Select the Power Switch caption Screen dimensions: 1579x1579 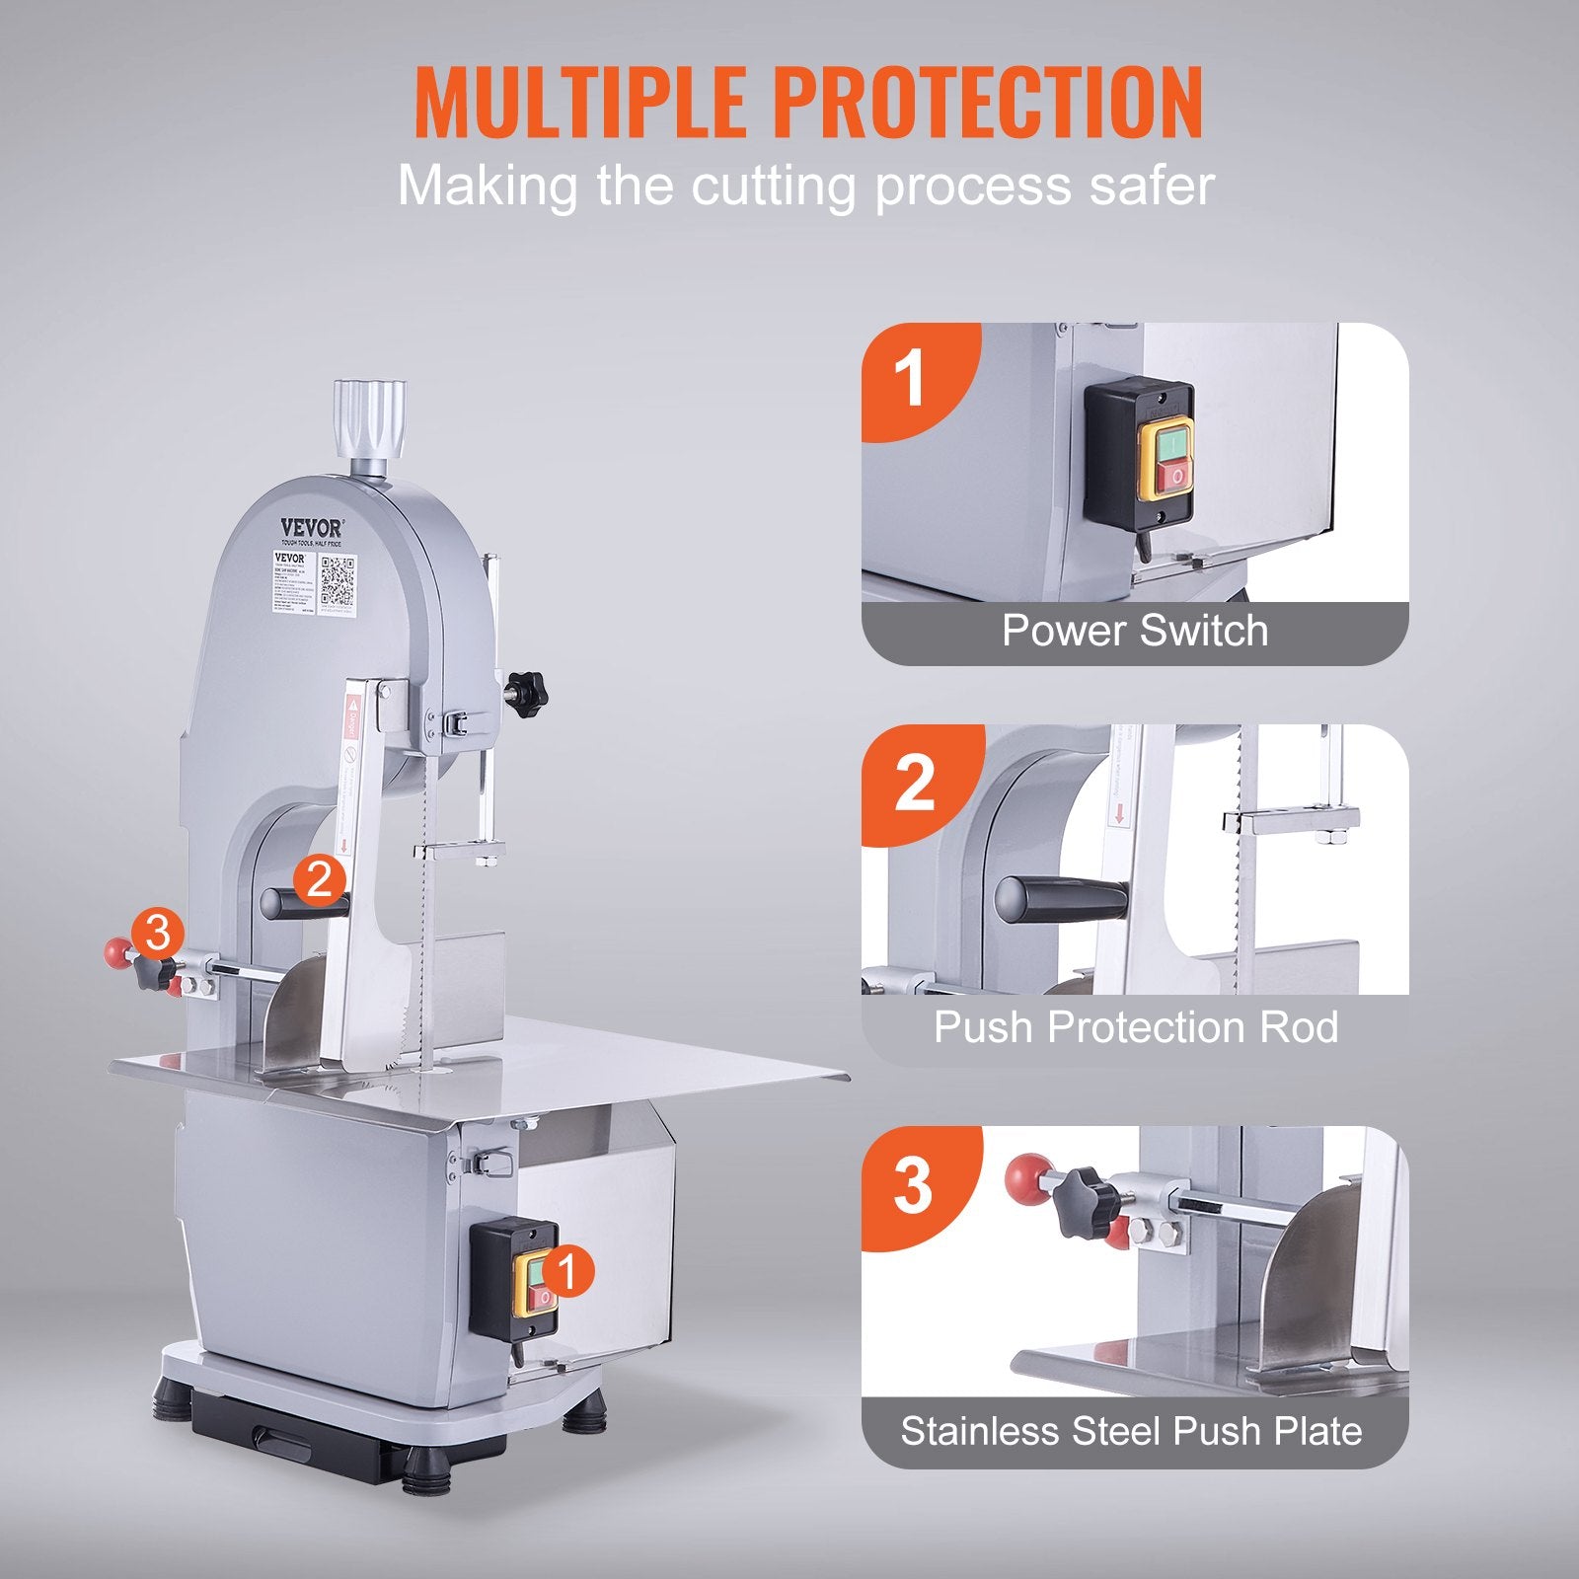coord(1135,631)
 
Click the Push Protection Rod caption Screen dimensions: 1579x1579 coord(1135,1027)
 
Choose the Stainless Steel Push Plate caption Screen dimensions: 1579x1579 coord(1131,1431)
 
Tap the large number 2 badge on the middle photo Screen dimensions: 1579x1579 coord(915,783)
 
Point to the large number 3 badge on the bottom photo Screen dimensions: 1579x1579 coord(913,1185)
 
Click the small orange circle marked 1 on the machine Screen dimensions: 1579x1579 coord(566,1272)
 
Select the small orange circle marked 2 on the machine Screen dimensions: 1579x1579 coord(319,877)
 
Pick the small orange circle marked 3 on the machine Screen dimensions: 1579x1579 coord(158,933)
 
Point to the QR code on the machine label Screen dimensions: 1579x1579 coord(338,582)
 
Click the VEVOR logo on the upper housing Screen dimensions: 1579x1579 coord(312,529)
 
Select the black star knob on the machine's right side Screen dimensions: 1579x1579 coord(526,693)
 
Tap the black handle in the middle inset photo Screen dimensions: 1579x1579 coord(1061,899)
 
